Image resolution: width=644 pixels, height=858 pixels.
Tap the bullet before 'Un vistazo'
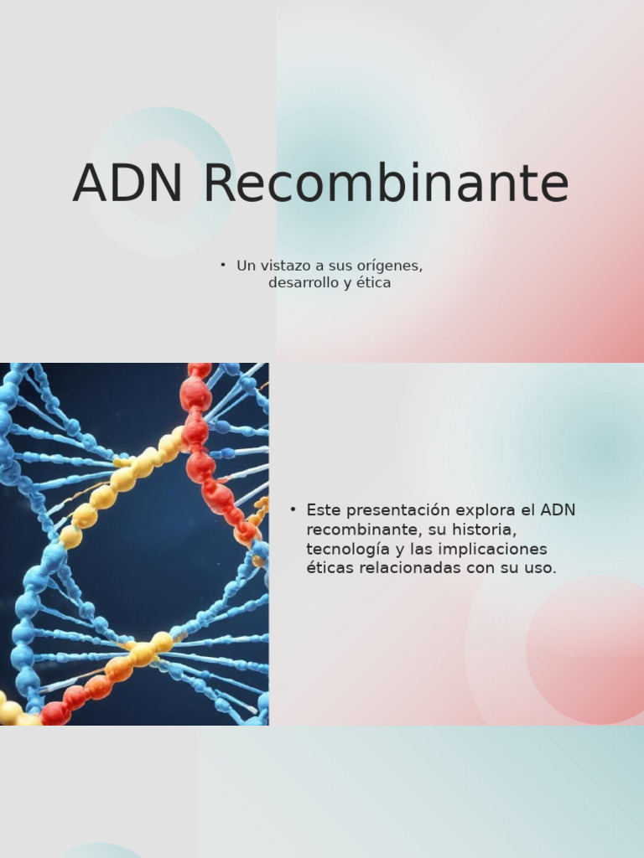coord(223,265)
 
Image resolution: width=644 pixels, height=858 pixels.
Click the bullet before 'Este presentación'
coord(293,509)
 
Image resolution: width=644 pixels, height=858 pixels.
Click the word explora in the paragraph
coord(483,510)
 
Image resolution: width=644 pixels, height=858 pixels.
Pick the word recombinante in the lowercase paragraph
coord(361,530)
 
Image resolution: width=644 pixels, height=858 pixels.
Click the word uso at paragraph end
coord(540,568)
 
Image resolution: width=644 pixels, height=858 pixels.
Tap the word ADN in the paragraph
coord(558,510)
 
